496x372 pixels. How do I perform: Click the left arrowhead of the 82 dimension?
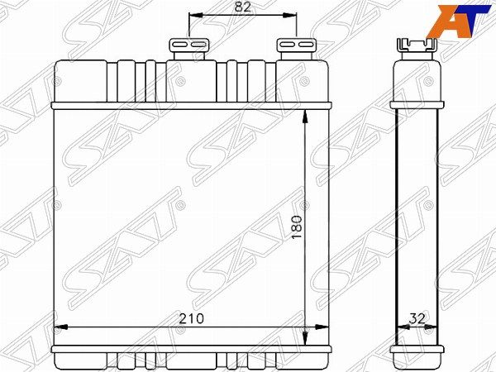click(195, 15)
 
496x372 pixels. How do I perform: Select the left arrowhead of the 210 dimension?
click(60, 327)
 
